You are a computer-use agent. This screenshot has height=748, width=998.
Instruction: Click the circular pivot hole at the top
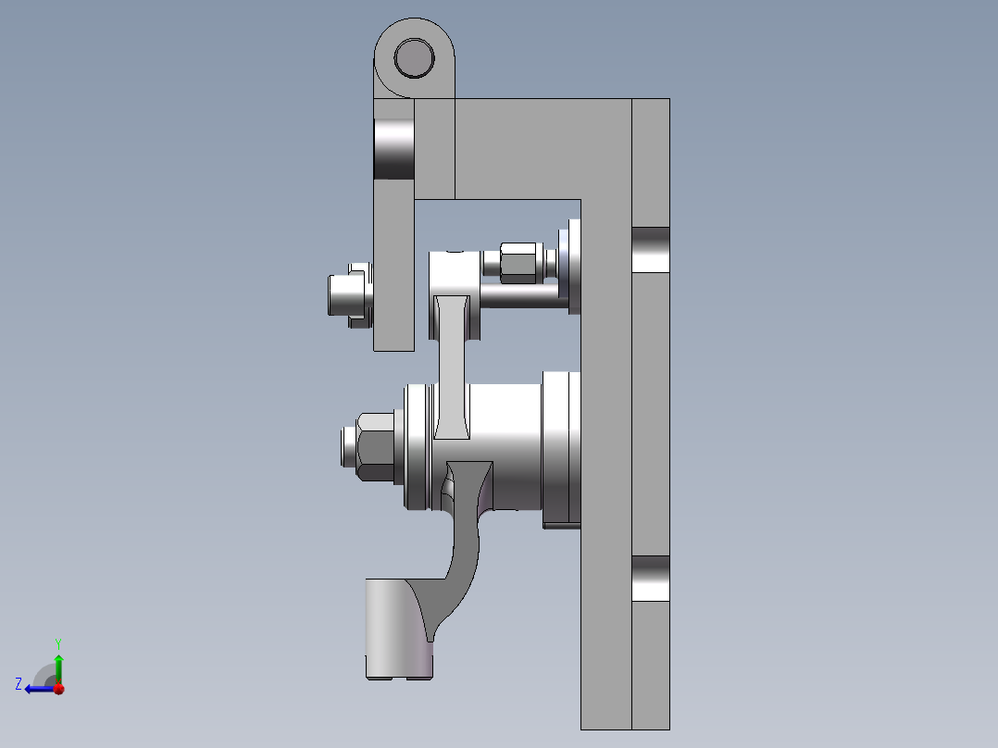click(x=414, y=58)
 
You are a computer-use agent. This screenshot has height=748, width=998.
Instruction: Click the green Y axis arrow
click(x=57, y=664)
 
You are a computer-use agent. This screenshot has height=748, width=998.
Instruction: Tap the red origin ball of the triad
click(x=57, y=688)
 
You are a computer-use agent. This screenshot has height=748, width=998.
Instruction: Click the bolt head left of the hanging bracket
click(x=346, y=295)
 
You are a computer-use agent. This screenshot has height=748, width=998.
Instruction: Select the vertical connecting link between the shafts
click(x=452, y=370)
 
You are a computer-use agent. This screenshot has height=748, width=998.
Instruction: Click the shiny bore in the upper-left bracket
click(x=393, y=148)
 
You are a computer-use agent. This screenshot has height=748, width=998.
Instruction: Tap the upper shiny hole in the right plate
click(x=650, y=250)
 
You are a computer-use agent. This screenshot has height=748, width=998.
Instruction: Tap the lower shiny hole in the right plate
click(x=650, y=579)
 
